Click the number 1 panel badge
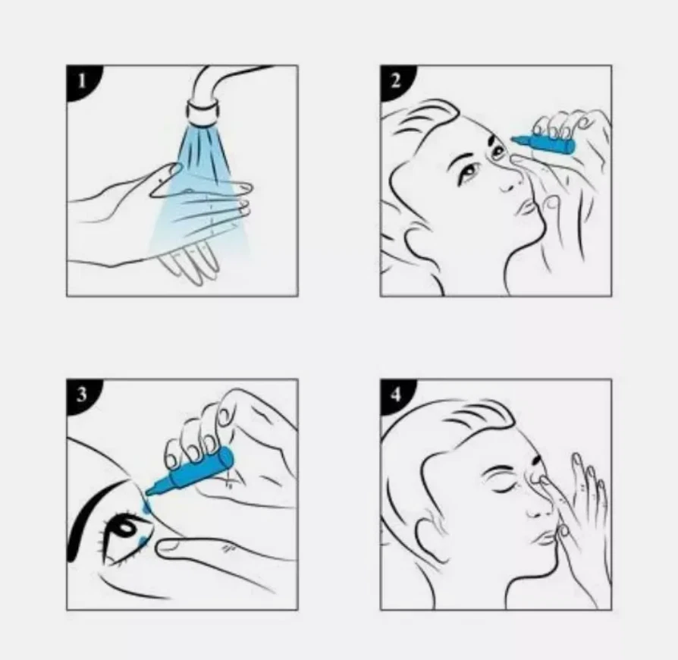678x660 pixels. click(81, 81)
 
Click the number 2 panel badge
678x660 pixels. click(395, 81)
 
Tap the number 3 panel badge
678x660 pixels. click(81, 394)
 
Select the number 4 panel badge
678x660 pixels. click(395, 394)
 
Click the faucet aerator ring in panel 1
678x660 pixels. click(202, 112)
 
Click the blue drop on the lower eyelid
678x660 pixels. click(143, 540)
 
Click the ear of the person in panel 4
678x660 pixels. click(428, 536)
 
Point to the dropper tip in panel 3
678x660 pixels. click(150, 491)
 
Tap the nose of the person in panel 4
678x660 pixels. click(538, 498)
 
